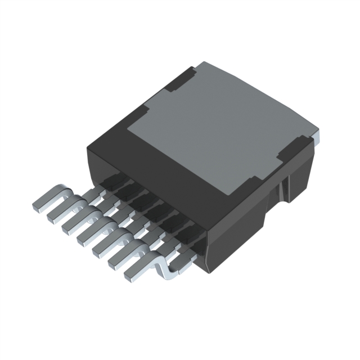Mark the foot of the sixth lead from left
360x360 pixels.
click(x=116, y=260)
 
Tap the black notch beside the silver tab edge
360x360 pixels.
click(x=292, y=150)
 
